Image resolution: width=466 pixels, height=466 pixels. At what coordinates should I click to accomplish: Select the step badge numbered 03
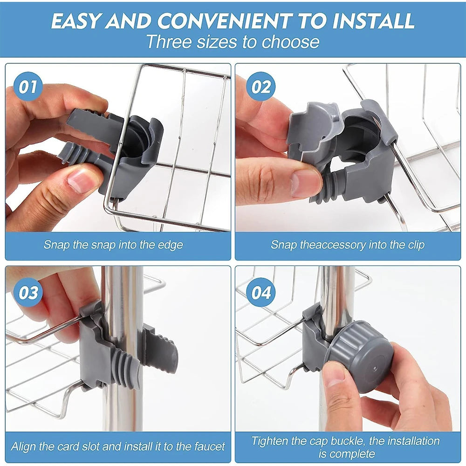(x=27, y=293)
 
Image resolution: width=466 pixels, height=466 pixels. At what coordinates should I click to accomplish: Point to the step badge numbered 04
(x=260, y=293)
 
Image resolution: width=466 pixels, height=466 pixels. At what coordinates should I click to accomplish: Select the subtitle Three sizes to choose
(x=233, y=42)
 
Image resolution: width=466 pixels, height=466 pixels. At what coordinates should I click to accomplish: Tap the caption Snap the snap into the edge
(x=113, y=245)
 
